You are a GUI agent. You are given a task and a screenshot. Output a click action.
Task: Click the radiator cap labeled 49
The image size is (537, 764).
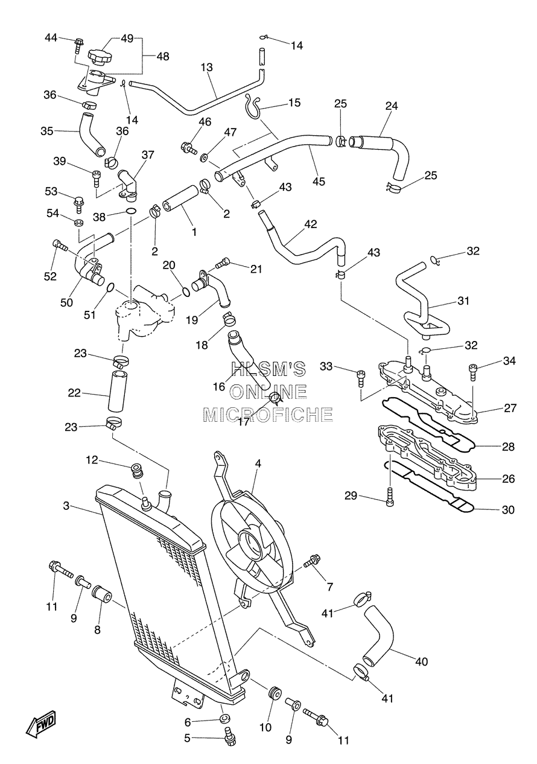click(99, 57)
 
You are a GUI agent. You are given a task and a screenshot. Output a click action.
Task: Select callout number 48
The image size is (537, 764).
click(163, 56)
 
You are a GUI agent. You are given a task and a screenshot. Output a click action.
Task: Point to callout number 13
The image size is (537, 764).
click(207, 68)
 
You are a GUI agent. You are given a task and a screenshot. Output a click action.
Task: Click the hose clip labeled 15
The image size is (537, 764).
click(253, 106)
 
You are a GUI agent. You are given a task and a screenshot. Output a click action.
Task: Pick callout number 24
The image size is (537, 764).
click(392, 106)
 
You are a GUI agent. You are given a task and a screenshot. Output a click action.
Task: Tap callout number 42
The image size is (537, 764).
click(311, 224)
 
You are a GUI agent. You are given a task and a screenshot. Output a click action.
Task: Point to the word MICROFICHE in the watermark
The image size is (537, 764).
click(268, 415)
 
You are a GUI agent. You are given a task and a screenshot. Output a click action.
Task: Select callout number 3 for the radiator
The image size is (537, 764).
click(66, 506)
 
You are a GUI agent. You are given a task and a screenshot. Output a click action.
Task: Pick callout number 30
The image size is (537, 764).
click(508, 510)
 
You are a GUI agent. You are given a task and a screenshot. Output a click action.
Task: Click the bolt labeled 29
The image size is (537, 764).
click(390, 495)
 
